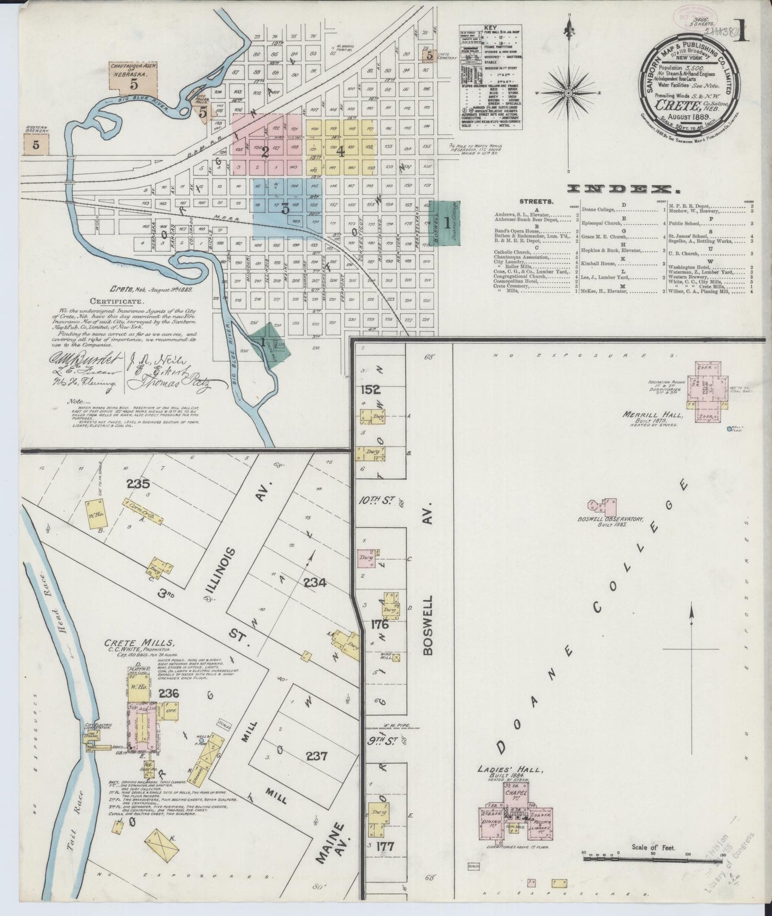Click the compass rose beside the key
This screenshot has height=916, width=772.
[x=570, y=94]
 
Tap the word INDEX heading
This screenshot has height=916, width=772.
[x=620, y=189]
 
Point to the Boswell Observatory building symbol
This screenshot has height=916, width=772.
[x=599, y=505]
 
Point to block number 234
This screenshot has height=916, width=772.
[x=315, y=584]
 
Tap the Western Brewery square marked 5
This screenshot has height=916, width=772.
[x=36, y=144]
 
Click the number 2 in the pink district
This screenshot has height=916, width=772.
[x=264, y=152]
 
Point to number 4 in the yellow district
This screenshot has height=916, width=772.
[x=340, y=151]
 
